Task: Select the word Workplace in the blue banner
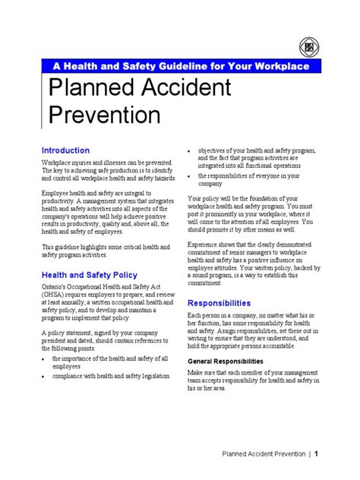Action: pyautogui.click(x=277, y=67)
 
